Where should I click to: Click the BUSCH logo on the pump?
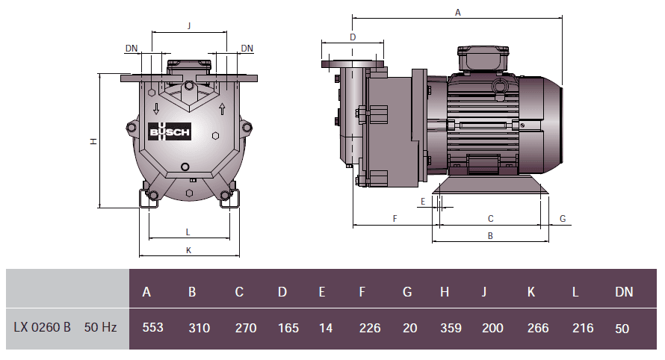(170, 132)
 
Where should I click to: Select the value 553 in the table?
(152, 328)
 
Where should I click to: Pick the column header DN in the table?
(624, 292)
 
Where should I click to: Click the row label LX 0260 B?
(43, 328)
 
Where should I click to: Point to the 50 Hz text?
(100, 328)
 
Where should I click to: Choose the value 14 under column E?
(322, 328)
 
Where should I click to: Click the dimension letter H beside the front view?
(93, 141)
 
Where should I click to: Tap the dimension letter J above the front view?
(189, 25)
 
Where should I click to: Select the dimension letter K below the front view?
(188, 250)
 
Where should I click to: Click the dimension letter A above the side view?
(458, 12)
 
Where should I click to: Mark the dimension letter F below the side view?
(394, 218)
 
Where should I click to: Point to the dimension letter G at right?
(563, 218)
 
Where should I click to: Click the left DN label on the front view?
(132, 48)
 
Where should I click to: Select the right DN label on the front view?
(247, 48)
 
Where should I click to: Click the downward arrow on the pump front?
(155, 108)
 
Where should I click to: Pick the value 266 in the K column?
(537, 328)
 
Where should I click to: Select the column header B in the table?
(192, 292)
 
